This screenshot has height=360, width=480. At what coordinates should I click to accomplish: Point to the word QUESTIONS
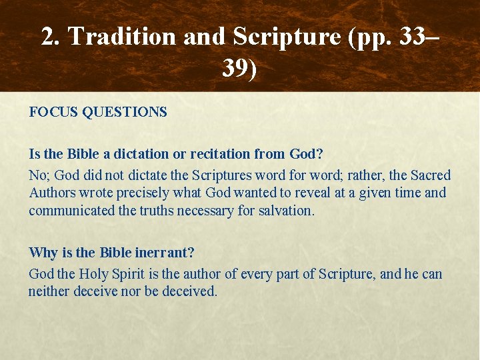(x=125, y=112)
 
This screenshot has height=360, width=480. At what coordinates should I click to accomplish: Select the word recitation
(x=220, y=154)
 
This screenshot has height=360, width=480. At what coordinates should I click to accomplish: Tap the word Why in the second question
(x=42, y=253)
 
